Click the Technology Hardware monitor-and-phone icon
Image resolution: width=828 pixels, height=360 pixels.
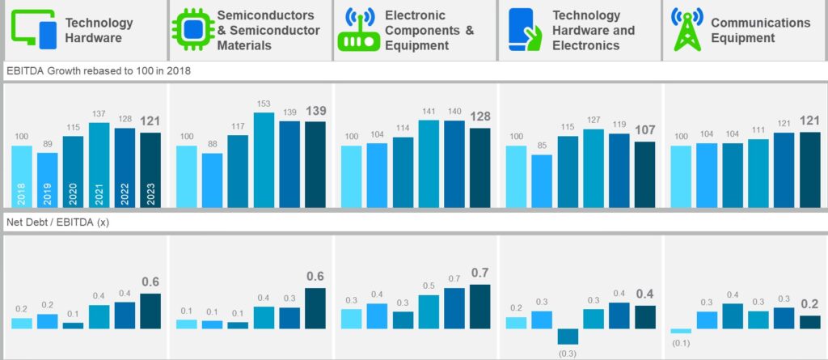pos(34,30)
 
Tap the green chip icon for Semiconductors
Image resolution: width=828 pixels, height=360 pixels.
pos(192,30)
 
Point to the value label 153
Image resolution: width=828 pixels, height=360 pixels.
pos(264,105)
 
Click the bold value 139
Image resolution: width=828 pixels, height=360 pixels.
pos(316,110)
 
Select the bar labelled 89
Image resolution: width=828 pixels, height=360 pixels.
pos(48,180)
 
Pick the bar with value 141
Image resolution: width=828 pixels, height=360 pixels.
pos(429,163)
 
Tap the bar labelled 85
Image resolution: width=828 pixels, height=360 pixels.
pos(543,180)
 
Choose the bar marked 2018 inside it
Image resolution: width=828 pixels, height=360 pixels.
pos(22,176)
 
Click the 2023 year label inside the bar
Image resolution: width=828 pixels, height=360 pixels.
pos(150,197)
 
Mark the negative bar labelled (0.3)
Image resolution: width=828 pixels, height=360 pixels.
pos(568,337)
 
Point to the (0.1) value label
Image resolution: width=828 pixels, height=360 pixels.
pos(681,344)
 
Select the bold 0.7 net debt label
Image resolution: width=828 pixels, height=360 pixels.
pos(479,273)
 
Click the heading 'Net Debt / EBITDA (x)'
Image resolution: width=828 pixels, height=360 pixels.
pos(57,222)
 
